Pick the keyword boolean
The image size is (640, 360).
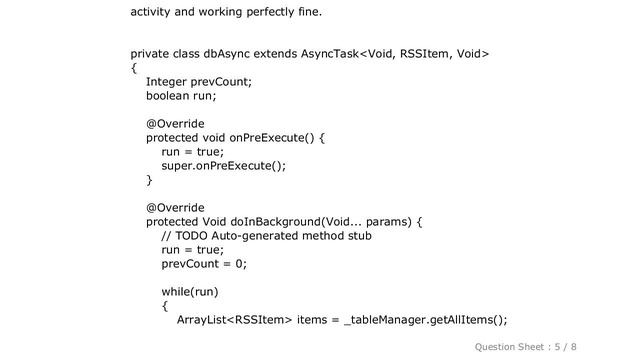(170, 96)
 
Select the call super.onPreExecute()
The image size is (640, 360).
(223, 166)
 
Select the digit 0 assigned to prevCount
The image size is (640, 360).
(239, 264)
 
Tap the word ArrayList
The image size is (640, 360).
(203, 320)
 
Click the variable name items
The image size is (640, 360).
(313, 320)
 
